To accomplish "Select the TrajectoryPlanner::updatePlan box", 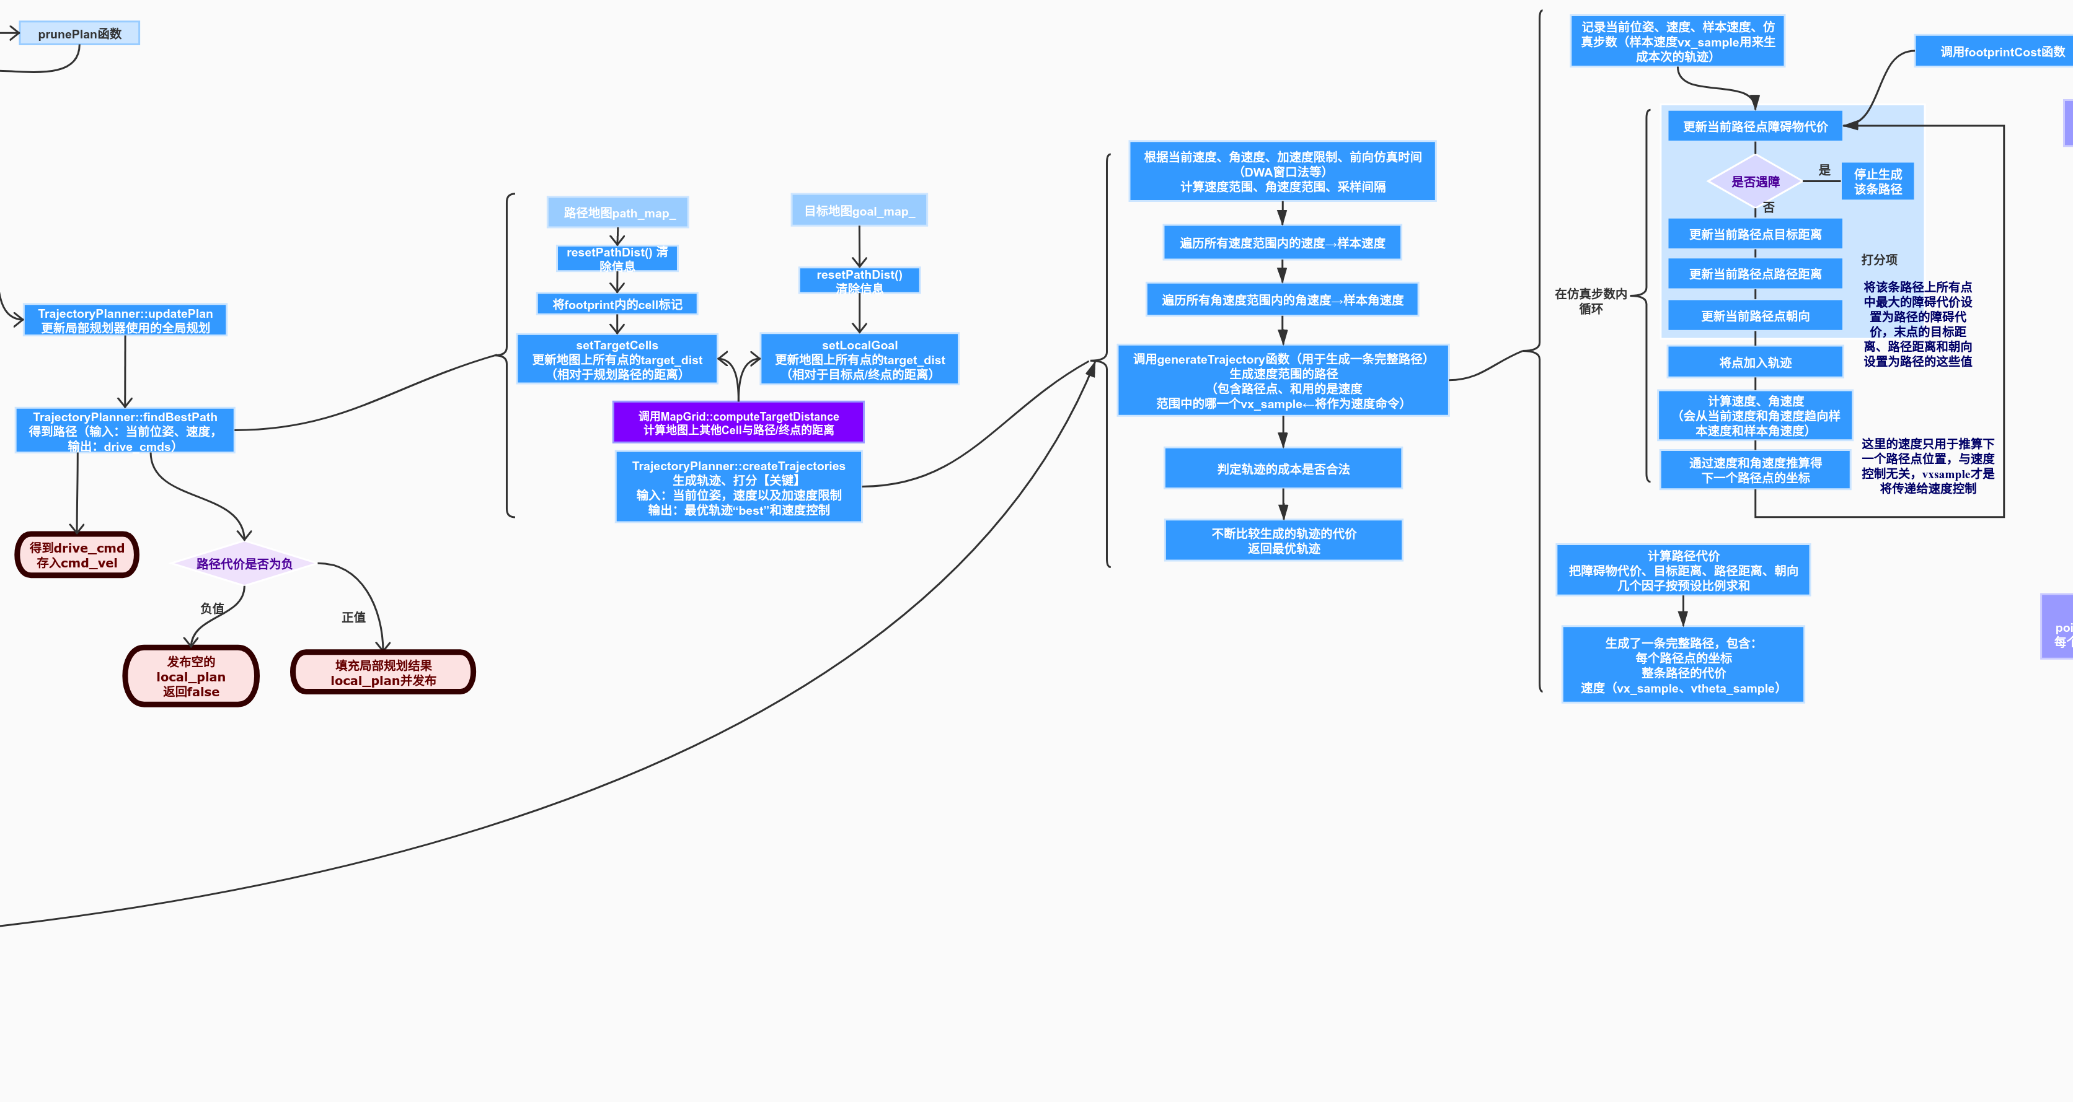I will (x=125, y=320).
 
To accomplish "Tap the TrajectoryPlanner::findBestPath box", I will (x=125, y=431).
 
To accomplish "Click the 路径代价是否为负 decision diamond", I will (x=244, y=564).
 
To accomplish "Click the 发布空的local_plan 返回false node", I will (x=191, y=676).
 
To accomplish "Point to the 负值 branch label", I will (x=211, y=609).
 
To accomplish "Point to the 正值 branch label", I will (x=353, y=617).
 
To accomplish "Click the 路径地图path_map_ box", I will (x=617, y=213).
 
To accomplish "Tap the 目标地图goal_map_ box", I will (x=859, y=211).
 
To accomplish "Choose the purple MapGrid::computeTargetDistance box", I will (x=738, y=423).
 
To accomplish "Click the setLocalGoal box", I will (x=859, y=359).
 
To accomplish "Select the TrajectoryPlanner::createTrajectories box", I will (x=738, y=488).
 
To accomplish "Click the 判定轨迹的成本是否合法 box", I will (x=1283, y=469).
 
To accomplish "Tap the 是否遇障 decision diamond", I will (x=1755, y=181).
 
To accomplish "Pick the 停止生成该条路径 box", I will (x=1878, y=181).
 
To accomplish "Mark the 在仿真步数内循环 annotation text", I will (x=1590, y=301).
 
